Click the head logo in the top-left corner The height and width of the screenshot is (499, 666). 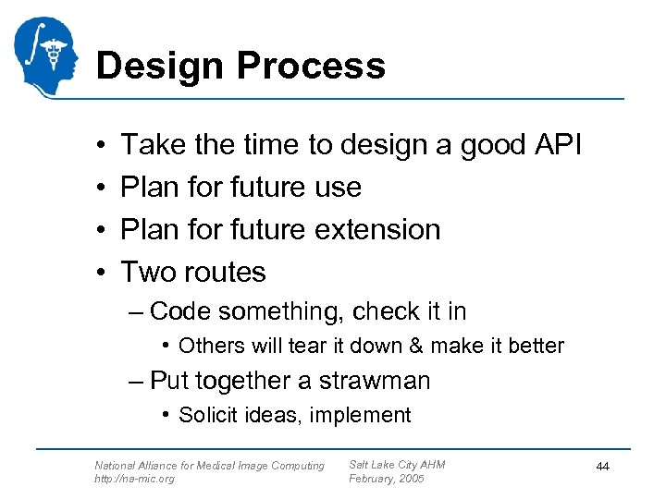pyautogui.click(x=46, y=57)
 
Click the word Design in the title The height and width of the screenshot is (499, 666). pyautogui.click(x=159, y=66)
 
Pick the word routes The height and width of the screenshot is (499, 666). pyautogui.click(x=224, y=273)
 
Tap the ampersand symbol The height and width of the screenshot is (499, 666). pyautogui.click(x=415, y=346)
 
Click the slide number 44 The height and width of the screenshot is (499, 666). pyautogui.click(x=602, y=468)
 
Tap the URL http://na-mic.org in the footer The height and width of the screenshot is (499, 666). pyautogui.click(x=134, y=479)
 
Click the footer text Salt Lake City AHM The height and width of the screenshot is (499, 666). pyautogui.click(x=397, y=464)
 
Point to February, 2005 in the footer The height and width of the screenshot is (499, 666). pyautogui.click(x=386, y=479)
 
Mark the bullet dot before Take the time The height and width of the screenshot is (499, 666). pyautogui.click(x=98, y=146)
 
